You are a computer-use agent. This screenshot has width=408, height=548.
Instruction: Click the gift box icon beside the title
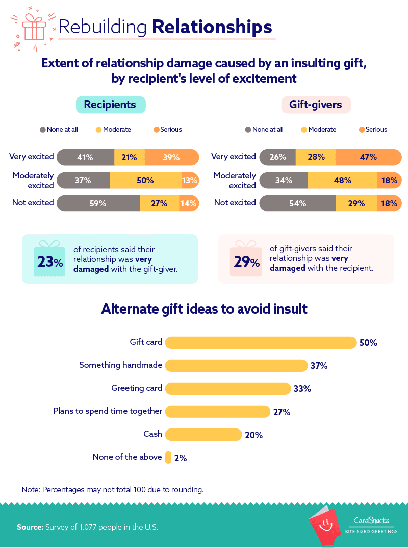tap(34, 28)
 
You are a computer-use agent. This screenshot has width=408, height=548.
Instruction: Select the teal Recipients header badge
tap(111, 105)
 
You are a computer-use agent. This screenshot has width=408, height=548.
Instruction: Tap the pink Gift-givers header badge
tap(316, 105)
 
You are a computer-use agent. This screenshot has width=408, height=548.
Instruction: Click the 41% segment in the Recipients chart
tap(86, 157)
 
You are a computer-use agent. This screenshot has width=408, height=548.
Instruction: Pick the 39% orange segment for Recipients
tap(172, 157)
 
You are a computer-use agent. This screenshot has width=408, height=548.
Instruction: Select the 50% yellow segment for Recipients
tap(145, 180)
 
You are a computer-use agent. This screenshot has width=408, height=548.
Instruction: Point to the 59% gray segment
tap(98, 203)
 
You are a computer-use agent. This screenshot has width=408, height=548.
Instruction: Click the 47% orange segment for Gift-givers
tap(369, 157)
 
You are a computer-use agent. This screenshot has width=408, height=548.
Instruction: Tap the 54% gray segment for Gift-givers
tap(298, 203)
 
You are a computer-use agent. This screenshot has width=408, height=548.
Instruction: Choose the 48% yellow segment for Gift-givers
tap(342, 180)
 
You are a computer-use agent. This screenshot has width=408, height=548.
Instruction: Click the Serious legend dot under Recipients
tap(157, 130)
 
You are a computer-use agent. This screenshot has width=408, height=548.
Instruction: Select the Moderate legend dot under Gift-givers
tap(304, 130)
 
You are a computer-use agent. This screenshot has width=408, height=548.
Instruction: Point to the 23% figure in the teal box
tap(50, 261)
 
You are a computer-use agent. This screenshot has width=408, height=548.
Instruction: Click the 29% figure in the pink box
tap(246, 261)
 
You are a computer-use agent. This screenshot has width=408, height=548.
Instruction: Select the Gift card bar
tap(261, 343)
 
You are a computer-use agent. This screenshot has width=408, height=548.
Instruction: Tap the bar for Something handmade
tap(236, 366)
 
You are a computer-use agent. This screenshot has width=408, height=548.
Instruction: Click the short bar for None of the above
tap(168, 458)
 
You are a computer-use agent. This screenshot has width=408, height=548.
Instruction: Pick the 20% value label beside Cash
tap(254, 435)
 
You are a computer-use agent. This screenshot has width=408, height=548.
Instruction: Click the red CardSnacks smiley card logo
tap(324, 524)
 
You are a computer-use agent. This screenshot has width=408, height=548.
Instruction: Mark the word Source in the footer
tap(30, 527)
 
